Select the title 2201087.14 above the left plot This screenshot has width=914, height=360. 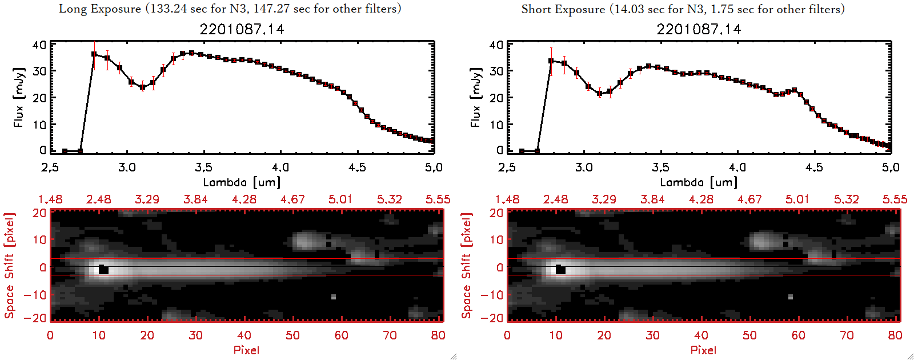click(x=242, y=29)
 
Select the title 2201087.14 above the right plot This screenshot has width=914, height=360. click(x=699, y=29)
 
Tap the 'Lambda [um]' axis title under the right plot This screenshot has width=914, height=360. click(x=699, y=182)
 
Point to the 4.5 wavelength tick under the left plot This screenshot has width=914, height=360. click(x=357, y=167)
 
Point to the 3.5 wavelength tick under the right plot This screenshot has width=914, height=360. click(x=660, y=167)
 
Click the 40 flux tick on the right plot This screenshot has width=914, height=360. click(x=496, y=45)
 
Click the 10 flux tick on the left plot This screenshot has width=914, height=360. click(x=39, y=124)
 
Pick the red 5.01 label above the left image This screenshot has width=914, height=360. click(x=340, y=199)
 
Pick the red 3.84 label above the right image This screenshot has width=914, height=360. click(x=652, y=199)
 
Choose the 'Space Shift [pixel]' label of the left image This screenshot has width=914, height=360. click(x=9, y=266)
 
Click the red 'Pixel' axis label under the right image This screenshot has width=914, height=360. click(x=703, y=350)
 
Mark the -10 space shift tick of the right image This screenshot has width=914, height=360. click(x=492, y=294)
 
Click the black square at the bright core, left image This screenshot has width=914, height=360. click(x=103, y=270)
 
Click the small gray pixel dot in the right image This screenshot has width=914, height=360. click(x=791, y=297)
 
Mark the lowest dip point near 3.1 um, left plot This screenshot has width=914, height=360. click(x=142, y=87)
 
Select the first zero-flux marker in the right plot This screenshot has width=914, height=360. click(x=522, y=151)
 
